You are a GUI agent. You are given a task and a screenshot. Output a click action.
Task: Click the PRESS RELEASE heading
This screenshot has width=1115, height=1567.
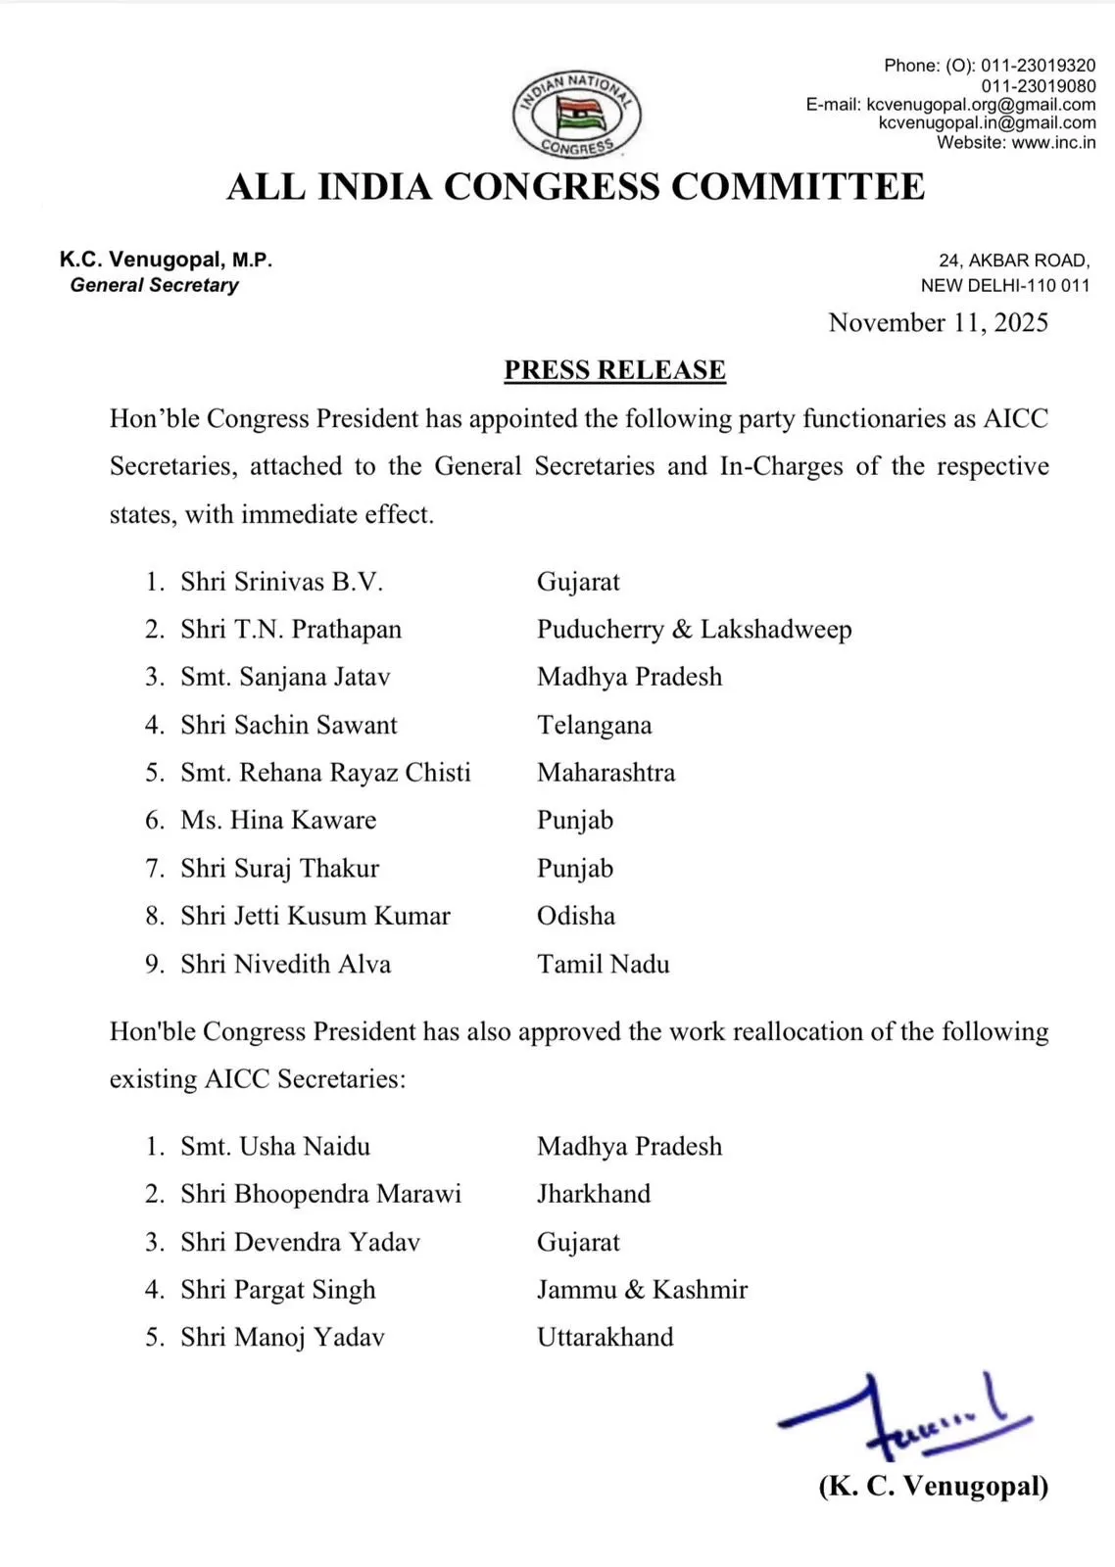[x=614, y=370]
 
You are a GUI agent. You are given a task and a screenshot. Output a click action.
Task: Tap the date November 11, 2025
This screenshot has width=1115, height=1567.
[x=938, y=323]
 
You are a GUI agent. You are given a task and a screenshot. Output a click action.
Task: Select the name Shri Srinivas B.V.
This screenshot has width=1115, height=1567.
[x=281, y=582]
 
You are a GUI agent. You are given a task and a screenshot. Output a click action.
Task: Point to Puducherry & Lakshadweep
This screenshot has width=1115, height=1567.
[x=694, y=630]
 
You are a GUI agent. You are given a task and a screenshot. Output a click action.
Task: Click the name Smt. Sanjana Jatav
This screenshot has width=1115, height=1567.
[x=285, y=678]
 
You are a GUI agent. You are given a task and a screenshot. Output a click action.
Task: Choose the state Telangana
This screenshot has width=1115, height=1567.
[x=594, y=726]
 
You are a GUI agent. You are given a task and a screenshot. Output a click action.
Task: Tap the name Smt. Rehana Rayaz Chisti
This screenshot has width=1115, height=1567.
[x=325, y=773]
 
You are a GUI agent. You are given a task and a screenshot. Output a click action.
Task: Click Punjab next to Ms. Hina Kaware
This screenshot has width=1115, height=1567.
[x=575, y=821]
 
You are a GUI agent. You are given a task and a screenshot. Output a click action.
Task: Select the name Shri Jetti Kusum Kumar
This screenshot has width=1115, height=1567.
[x=315, y=917]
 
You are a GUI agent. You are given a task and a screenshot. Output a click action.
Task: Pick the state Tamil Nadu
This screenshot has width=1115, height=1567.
[x=603, y=965]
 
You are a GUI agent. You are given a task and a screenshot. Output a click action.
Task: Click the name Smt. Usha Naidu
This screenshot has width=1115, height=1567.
[x=275, y=1147]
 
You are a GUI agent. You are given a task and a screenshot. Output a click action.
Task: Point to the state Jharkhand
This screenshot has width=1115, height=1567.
[x=594, y=1194]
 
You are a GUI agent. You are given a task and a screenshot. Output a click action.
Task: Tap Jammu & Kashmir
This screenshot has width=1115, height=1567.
[x=642, y=1290]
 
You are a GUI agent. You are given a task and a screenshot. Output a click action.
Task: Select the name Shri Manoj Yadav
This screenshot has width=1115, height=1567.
[x=282, y=1338]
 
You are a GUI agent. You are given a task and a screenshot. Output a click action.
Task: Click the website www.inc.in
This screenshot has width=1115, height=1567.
[x=1053, y=143]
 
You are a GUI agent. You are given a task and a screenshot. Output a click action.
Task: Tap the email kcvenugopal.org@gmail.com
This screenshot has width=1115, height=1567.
[x=981, y=105]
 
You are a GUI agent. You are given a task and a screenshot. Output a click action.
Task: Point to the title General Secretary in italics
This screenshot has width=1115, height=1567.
[x=155, y=286]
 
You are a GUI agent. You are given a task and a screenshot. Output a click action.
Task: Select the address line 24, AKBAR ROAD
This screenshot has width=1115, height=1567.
[x=1013, y=261]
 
